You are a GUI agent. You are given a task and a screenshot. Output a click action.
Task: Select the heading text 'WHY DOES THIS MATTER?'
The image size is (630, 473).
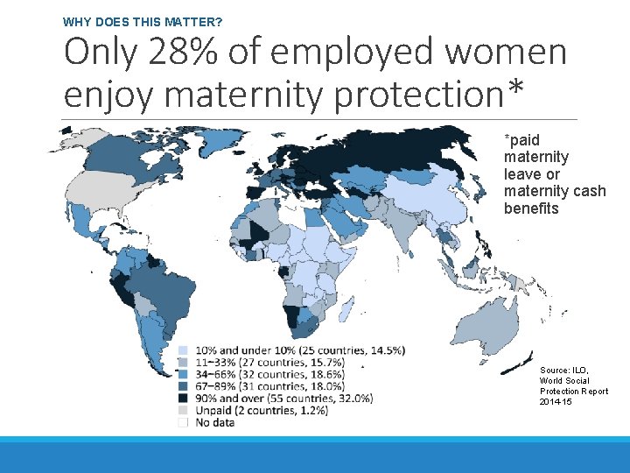point(148,20)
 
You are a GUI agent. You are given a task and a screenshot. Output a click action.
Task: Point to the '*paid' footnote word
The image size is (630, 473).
point(521,140)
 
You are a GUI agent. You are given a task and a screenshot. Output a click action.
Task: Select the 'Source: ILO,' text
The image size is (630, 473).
point(564,371)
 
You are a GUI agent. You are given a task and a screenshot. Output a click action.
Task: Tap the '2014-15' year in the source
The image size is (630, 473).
point(556,401)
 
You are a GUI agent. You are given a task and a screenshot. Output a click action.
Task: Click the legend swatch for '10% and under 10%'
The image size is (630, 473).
point(183,350)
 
